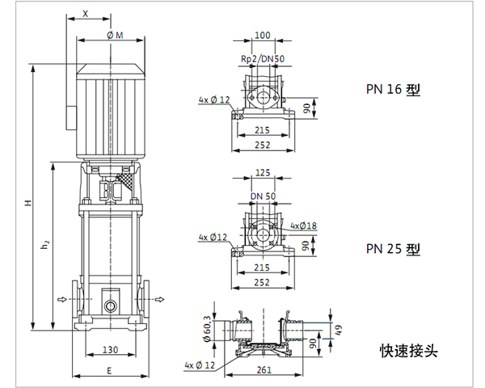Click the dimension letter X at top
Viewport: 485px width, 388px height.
tap(85, 15)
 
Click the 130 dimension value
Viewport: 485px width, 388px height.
tap(111, 350)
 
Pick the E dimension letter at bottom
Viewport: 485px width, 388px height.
tap(108, 369)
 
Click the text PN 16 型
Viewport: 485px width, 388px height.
tap(394, 90)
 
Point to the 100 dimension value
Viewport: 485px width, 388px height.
tap(262, 36)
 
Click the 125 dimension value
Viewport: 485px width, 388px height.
tap(262, 173)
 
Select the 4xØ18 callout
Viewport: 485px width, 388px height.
tap(304, 225)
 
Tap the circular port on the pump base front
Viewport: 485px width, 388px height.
tap(110, 306)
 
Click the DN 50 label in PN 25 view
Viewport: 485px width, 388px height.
tap(262, 196)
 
